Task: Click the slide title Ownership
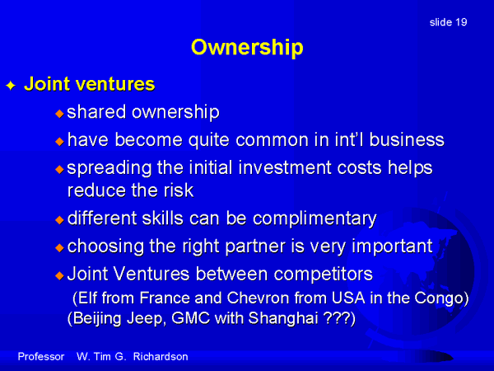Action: [247, 48]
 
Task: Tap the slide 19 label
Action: [448, 22]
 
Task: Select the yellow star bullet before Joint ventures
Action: [11, 85]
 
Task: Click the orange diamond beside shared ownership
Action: [59, 113]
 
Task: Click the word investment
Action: [285, 167]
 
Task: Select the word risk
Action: [179, 190]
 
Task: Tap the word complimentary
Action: [315, 219]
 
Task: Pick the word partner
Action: [255, 247]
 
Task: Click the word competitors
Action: [324, 274]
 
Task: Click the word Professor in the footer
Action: [41, 357]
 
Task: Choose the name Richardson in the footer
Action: [161, 357]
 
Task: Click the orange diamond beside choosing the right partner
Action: [59, 247]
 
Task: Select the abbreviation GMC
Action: [191, 317]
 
